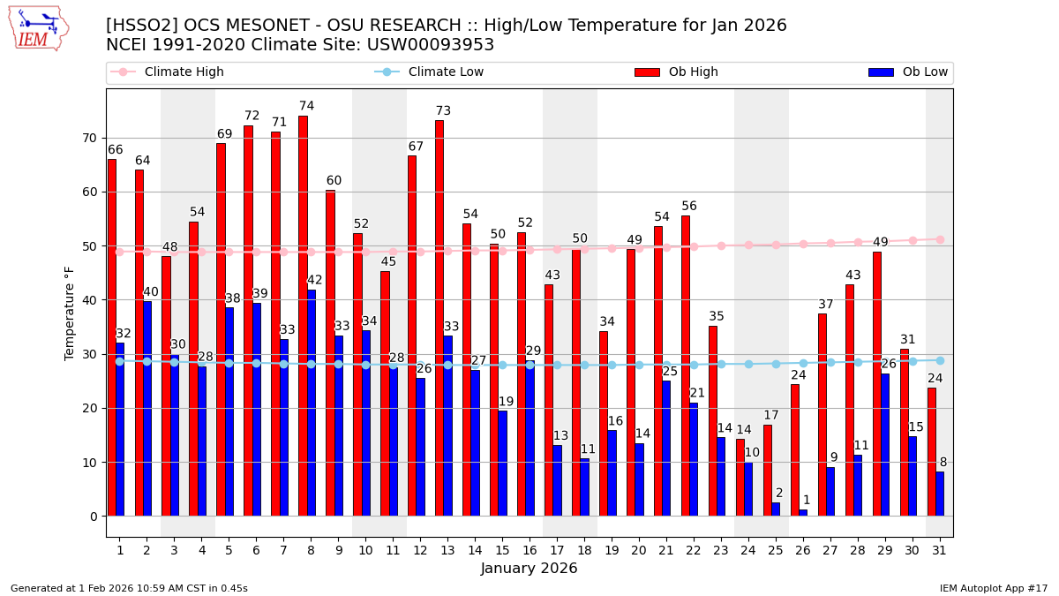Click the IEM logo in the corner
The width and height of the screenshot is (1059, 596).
tap(38, 28)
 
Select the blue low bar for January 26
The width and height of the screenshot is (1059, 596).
tap(803, 513)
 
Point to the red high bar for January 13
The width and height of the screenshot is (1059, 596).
tap(439, 318)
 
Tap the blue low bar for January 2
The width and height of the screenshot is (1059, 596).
tap(147, 408)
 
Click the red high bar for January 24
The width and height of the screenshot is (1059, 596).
tap(740, 478)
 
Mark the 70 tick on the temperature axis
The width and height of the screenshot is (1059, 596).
tap(89, 138)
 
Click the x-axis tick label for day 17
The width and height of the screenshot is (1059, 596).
tap(557, 550)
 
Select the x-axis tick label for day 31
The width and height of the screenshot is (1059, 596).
tap(939, 550)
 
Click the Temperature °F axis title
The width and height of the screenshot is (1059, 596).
tap(70, 313)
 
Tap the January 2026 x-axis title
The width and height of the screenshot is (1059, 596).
tap(529, 569)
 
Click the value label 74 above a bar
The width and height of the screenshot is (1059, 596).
tap(306, 106)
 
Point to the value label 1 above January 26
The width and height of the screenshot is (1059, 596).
tap(806, 500)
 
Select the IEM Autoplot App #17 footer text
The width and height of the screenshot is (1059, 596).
tap(993, 588)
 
